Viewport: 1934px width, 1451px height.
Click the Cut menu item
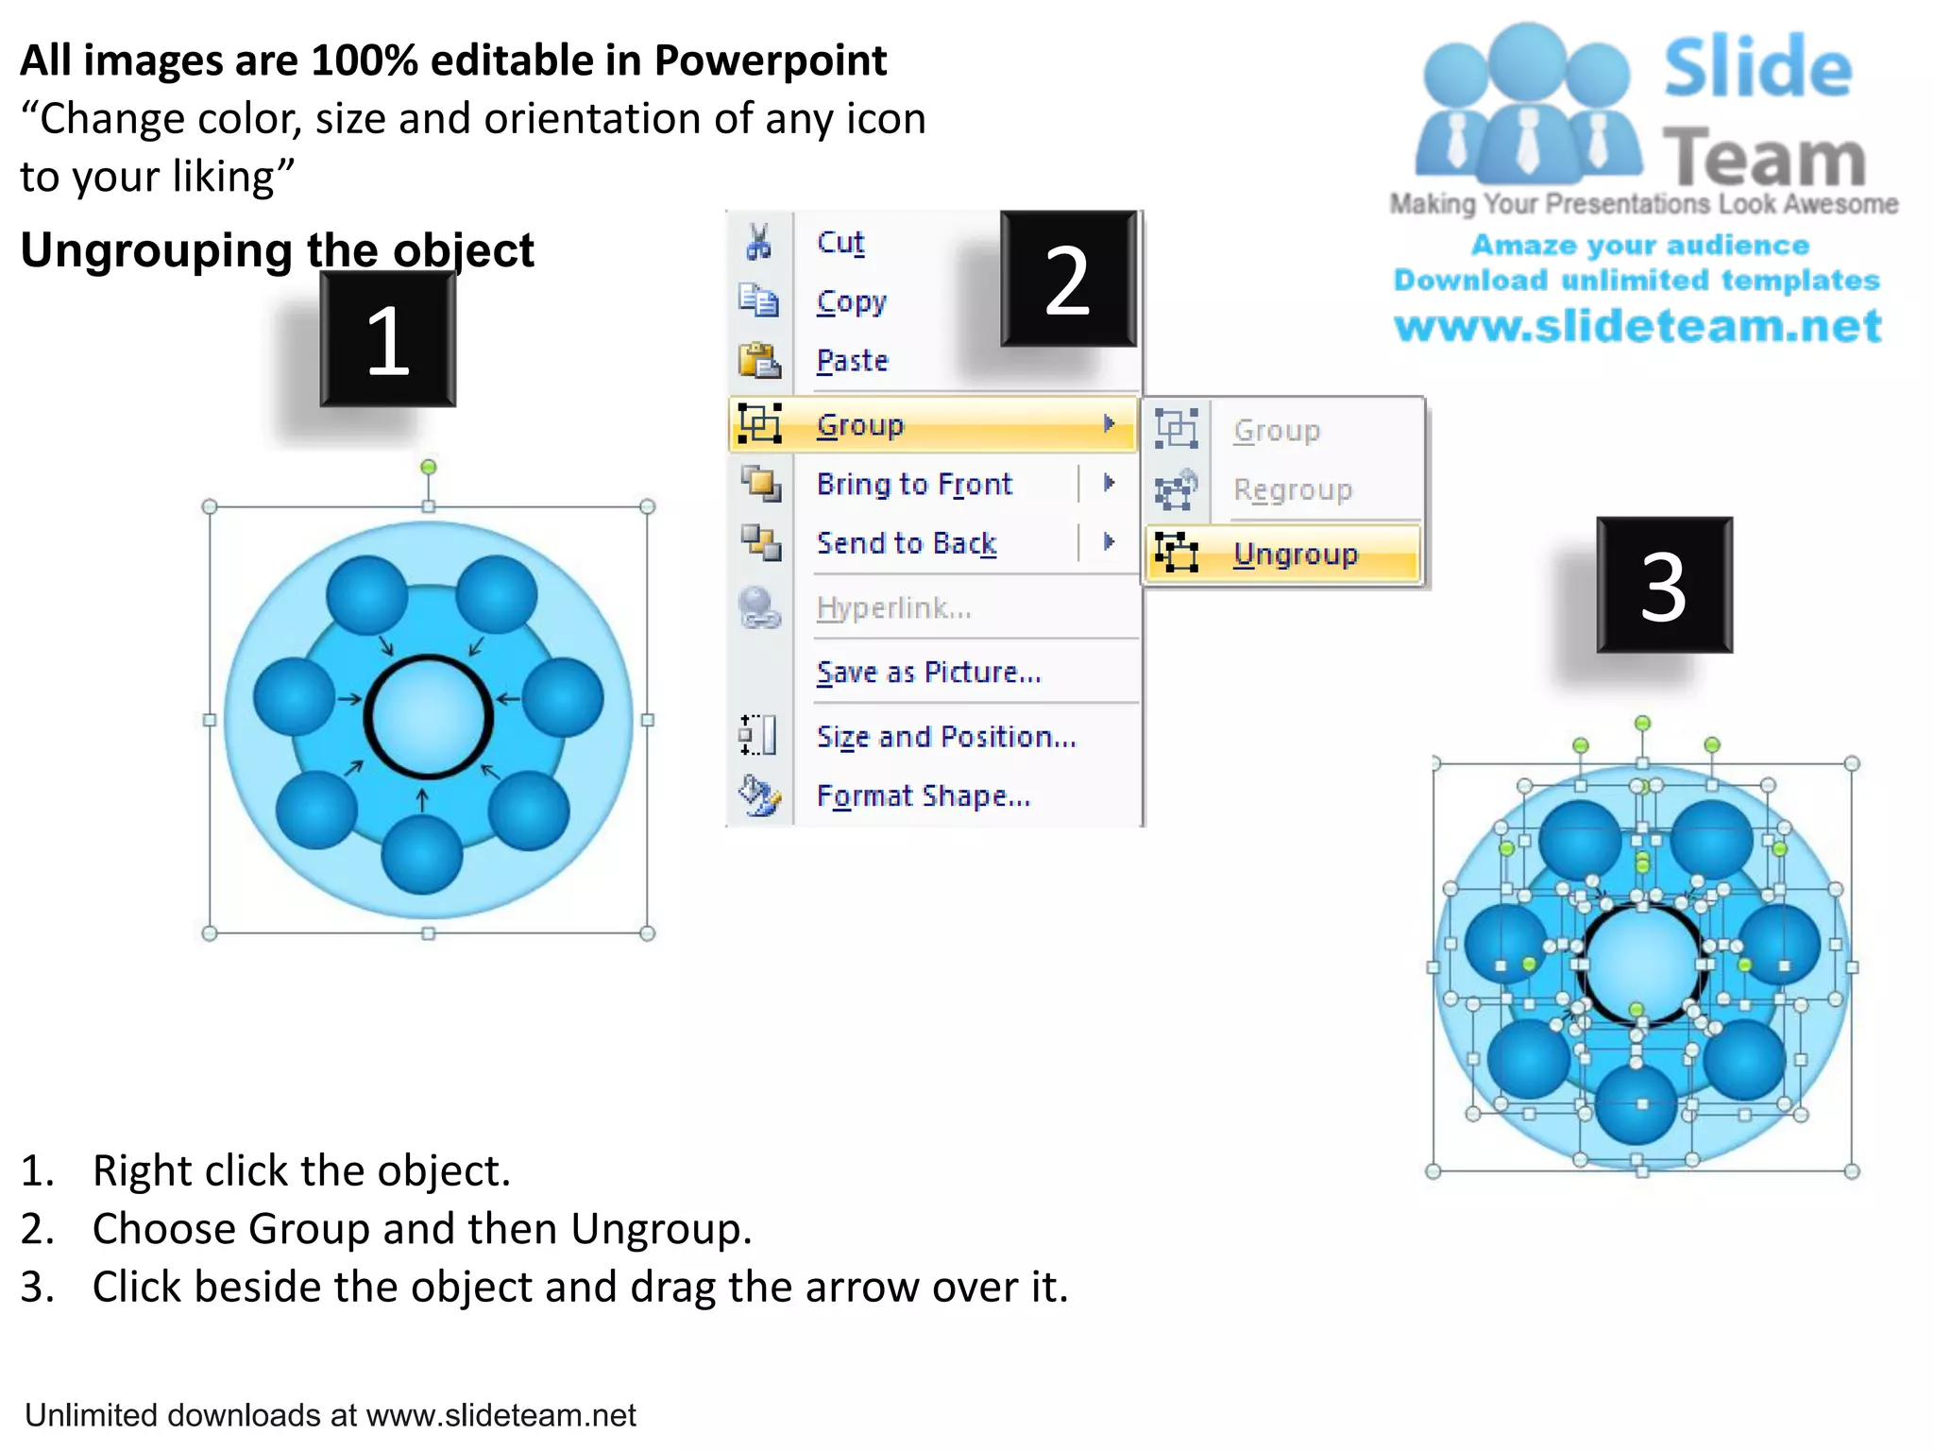coord(840,243)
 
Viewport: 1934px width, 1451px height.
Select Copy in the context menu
coord(851,302)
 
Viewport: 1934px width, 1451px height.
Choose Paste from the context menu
coord(852,361)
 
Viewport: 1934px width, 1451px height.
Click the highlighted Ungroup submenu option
coord(1295,554)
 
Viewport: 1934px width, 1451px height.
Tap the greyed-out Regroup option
coord(1292,489)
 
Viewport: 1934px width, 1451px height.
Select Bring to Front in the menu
coord(913,484)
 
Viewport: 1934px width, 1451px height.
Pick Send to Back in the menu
coord(906,543)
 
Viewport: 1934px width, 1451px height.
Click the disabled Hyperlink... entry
coord(893,607)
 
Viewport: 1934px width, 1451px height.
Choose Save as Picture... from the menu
coord(928,672)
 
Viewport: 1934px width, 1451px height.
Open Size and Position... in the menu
coord(946,736)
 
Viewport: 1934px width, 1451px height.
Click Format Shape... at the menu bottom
coord(923,795)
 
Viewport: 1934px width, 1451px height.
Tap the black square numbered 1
coord(387,340)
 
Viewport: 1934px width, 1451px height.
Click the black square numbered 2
coord(1068,280)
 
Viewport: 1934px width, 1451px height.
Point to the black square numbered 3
coord(1664,586)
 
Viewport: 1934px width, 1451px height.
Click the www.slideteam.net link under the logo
coord(1637,326)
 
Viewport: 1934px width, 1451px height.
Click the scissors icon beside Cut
coord(757,242)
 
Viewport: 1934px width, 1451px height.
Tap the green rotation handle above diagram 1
coord(428,467)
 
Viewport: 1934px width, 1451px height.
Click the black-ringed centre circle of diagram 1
coord(428,716)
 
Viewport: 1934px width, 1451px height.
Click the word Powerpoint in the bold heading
coord(770,60)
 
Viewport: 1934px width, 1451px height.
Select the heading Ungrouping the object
coord(277,250)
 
